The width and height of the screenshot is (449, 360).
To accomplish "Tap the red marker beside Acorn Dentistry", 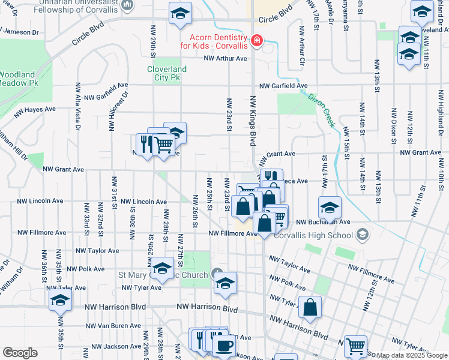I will click(257, 40).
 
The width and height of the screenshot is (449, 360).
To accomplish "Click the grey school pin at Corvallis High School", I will click(362, 235).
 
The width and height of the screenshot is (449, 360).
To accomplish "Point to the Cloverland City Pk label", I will click(167, 73).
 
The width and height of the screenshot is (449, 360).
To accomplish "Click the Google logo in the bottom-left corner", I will click(20, 353).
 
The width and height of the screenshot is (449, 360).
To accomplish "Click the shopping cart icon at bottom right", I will click(355, 346).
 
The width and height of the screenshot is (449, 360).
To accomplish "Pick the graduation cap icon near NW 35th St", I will click(60, 299).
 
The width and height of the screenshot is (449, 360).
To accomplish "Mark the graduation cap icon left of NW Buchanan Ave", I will click(330, 207).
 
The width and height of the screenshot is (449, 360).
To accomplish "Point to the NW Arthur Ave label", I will click(226, 58).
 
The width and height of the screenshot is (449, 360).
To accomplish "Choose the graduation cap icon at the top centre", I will click(179, 14).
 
